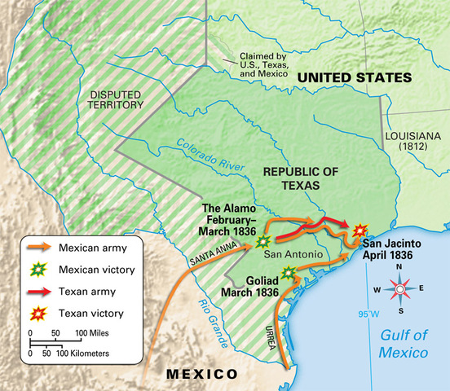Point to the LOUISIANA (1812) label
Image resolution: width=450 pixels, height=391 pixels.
pyautogui.click(x=416, y=143)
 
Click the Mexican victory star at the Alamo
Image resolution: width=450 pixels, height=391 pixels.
pyautogui.click(x=263, y=241)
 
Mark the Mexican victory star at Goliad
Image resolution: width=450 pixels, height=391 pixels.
pyautogui.click(x=289, y=272)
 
